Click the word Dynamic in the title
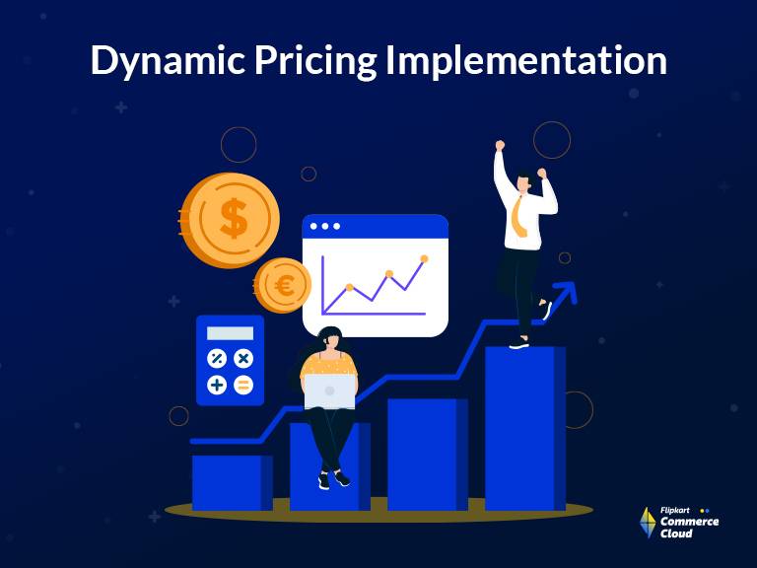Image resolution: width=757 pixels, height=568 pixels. [168, 61]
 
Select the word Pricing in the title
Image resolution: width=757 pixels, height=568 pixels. [315, 61]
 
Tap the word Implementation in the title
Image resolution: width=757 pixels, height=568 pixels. [526, 61]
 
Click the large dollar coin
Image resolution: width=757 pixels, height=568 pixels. [230, 220]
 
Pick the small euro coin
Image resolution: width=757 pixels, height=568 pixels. [283, 285]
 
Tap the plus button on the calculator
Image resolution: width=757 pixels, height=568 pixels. [217, 385]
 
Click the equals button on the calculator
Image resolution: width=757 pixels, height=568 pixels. [243, 385]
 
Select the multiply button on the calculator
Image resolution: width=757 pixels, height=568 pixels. [243, 358]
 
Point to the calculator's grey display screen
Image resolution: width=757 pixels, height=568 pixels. [231, 333]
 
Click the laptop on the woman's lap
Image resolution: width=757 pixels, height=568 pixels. [330, 391]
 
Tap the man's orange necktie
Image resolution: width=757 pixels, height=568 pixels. [519, 216]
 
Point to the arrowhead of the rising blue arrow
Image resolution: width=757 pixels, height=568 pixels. [567, 291]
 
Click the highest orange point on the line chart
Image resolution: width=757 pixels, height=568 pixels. [425, 259]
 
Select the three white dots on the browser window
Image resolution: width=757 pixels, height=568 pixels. [325, 226]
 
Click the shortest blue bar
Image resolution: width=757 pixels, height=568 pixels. [233, 482]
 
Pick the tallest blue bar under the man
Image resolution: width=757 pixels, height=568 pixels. [525, 428]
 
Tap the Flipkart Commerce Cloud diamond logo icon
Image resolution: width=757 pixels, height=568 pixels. [648, 522]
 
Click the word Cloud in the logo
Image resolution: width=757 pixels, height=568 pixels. [676, 533]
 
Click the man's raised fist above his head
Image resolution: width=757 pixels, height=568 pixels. [500, 145]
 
